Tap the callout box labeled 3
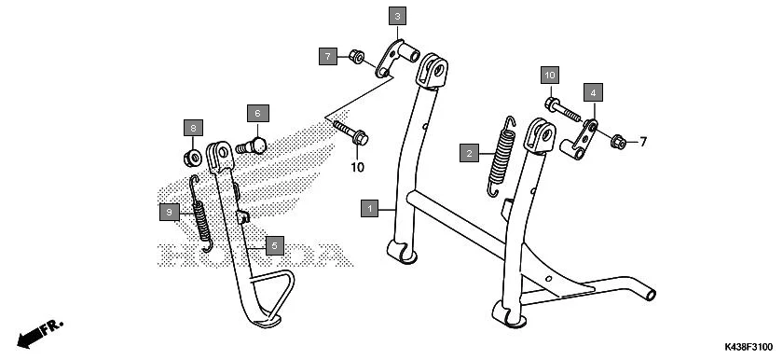pyautogui.click(x=398, y=17)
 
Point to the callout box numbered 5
pyautogui.click(x=274, y=245)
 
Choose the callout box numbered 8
pyautogui.click(x=192, y=128)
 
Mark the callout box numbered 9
pyautogui.click(x=169, y=213)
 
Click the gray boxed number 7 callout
pyautogui.click(x=328, y=57)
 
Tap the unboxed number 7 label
pyautogui.click(x=641, y=142)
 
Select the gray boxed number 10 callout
pyautogui.click(x=550, y=74)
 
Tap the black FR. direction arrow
pyautogui.click(x=37, y=332)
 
